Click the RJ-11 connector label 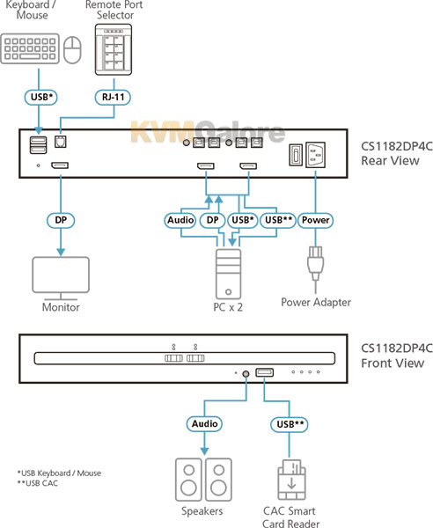point(113,98)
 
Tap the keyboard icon point(30,48)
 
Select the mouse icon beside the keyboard point(72,49)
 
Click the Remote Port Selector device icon point(114,49)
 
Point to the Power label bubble point(315,220)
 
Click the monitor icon point(61,278)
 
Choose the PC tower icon point(228,274)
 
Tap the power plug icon point(315,266)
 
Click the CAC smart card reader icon point(291,480)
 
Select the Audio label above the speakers point(204,423)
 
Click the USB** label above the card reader point(290,424)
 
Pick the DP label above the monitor point(61,220)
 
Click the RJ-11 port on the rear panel point(61,142)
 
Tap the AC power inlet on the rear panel point(315,155)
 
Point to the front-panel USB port point(264,372)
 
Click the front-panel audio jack point(246,374)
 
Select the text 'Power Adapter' point(316,302)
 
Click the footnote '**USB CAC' point(37,483)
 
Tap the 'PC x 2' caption point(228,307)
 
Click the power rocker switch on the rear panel point(296,155)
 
